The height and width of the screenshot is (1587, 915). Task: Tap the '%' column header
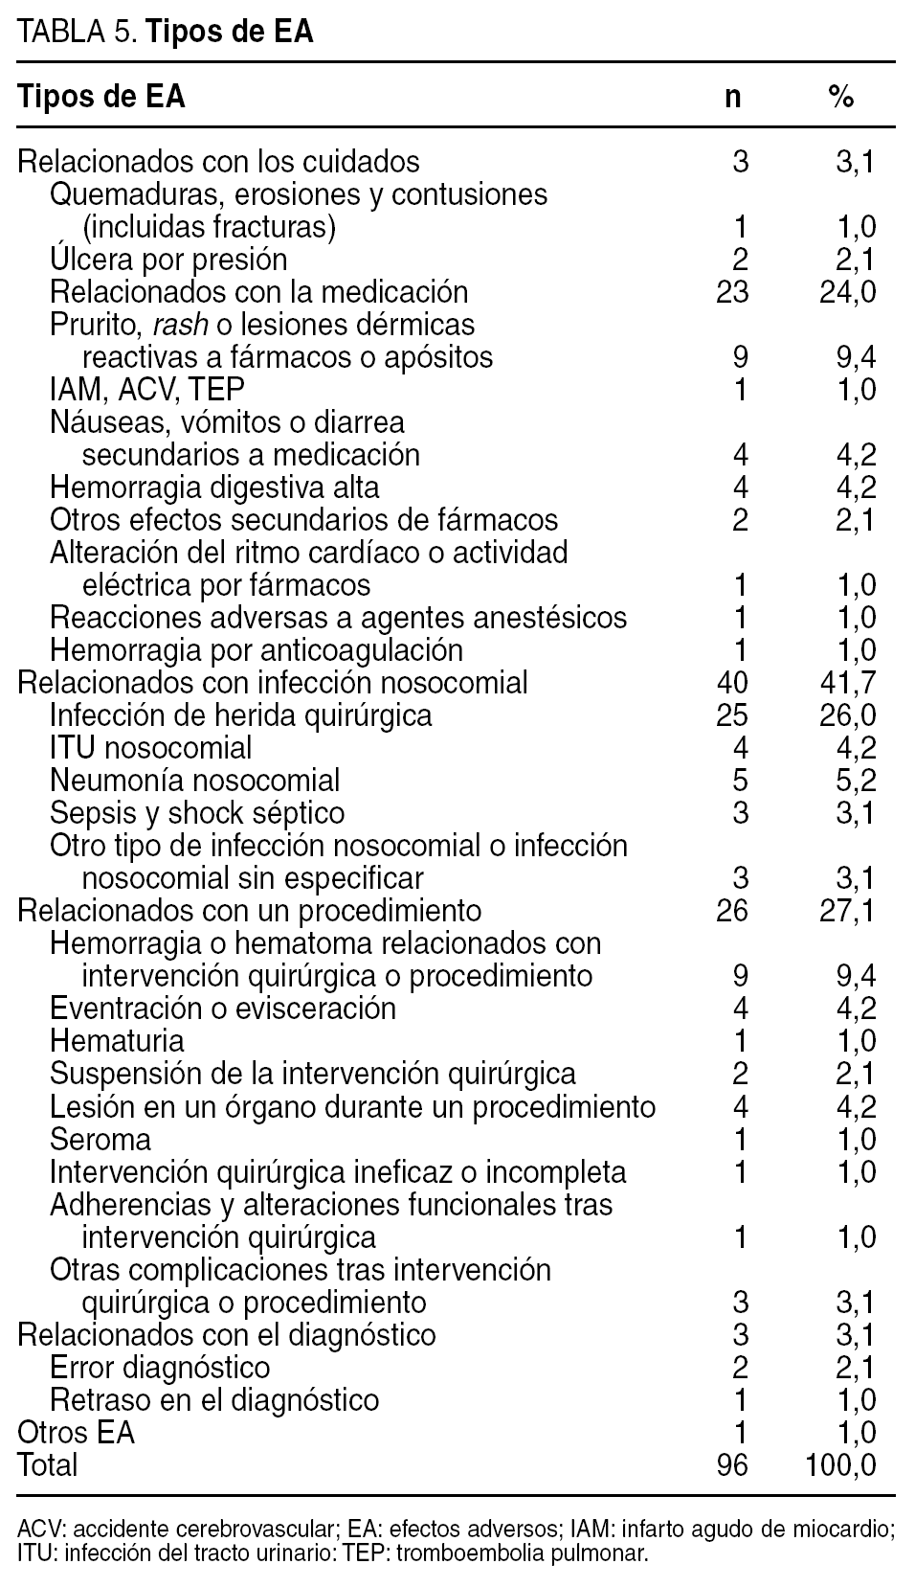coord(840,98)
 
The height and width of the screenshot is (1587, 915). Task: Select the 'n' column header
coord(732,98)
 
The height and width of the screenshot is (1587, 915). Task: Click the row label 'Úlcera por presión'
coord(168,260)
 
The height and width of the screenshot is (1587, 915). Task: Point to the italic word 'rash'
coord(180,325)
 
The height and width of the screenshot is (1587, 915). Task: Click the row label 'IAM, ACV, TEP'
coord(147,390)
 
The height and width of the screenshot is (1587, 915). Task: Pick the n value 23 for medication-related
coord(732,292)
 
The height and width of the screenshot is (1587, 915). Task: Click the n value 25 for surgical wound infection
coord(732,715)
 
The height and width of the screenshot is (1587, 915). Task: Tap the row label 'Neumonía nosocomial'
coord(194,781)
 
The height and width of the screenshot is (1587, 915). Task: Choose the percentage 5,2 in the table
coord(856,781)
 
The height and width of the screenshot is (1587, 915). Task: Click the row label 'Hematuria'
coord(117,1040)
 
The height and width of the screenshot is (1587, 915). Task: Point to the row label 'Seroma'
coord(100,1140)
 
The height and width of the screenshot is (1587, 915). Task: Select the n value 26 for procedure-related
coord(732,910)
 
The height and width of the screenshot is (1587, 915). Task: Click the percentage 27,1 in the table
coord(848,910)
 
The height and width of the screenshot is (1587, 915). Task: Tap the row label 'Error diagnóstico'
coord(160,1368)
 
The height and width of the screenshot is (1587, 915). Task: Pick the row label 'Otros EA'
coord(77,1433)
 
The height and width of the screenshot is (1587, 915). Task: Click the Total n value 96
coord(732,1465)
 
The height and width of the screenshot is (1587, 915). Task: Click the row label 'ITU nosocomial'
coord(151,748)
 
